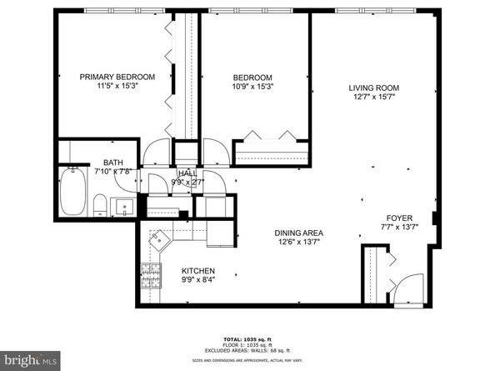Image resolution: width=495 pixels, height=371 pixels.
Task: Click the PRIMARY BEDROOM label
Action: click(117, 77)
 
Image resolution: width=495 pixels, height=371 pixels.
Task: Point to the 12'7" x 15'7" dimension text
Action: click(374, 97)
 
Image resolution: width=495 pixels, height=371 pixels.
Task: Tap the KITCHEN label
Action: click(199, 271)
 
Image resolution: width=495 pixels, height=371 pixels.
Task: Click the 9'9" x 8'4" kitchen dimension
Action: click(199, 280)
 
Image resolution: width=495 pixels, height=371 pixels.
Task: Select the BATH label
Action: click(114, 163)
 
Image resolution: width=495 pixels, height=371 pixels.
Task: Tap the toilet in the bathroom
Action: click(98, 203)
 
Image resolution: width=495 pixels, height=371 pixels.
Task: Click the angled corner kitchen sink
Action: click(157, 238)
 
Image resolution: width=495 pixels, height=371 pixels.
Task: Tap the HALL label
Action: click(187, 172)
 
